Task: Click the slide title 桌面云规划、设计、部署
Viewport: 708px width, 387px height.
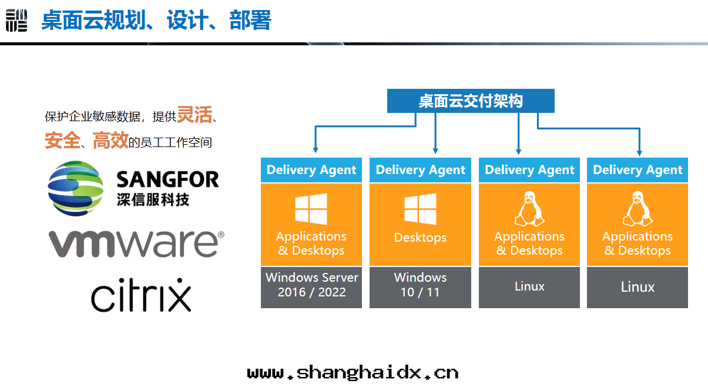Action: (156, 21)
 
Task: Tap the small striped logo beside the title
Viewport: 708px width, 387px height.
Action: (16, 21)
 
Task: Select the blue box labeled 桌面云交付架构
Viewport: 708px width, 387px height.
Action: (470, 101)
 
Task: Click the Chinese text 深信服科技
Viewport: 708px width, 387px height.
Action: (153, 200)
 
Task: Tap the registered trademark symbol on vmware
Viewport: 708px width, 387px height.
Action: (221, 235)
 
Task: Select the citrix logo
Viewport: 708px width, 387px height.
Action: (141, 295)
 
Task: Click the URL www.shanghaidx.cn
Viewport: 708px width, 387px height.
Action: (353, 372)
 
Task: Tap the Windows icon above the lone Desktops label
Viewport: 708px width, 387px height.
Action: (420, 209)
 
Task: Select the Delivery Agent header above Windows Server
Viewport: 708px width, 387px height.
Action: (311, 170)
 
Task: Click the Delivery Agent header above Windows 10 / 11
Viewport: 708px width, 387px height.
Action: (420, 170)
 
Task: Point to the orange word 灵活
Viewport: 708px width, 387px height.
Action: (194, 114)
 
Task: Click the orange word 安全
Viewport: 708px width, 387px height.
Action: (62, 141)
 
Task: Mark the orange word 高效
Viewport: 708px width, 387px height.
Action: (110, 141)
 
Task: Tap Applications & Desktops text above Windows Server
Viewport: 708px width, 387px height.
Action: (311, 243)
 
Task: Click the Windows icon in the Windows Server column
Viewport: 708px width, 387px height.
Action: (311, 209)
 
